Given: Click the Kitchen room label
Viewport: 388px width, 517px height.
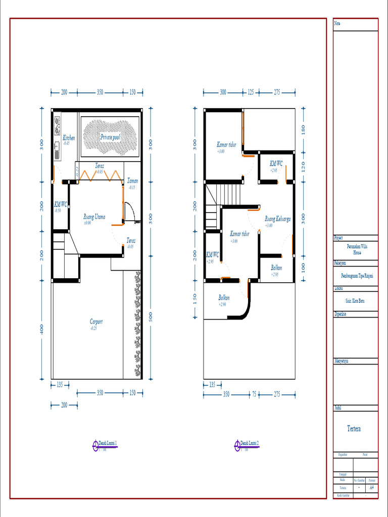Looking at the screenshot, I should pyautogui.click(x=69, y=137).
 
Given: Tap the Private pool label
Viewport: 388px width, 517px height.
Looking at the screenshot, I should pyautogui.click(x=110, y=137).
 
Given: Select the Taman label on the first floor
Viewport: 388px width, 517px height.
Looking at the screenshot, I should pyautogui.click(x=132, y=181).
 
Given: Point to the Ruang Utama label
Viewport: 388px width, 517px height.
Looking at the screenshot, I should pyautogui.click(x=94, y=217).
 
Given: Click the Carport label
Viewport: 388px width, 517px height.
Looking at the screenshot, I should pyautogui.click(x=96, y=321).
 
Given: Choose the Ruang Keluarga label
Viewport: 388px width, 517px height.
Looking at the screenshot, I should pyautogui.click(x=277, y=219).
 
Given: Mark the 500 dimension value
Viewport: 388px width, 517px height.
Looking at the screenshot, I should pyautogui.click(x=150, y=317).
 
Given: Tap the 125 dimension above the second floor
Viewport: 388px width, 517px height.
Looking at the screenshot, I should pyautogui.click(x=251, y=92).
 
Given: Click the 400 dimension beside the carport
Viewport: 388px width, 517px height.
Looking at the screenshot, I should pyautogui.click(x=42, y=329).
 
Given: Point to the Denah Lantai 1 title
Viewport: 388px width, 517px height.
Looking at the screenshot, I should pyautogui.click(x=108, y=443).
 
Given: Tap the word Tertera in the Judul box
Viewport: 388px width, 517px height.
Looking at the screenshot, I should pyautogui.click(x=354, y=429).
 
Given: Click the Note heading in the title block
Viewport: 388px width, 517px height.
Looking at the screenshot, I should pyautogui.click(x=337, y=23).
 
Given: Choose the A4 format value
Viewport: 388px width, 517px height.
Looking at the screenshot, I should pyautogui.click(x=372, y=488).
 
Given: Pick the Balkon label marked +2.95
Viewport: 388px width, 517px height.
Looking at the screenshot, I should pyautogui.click(x=276, y=268).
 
